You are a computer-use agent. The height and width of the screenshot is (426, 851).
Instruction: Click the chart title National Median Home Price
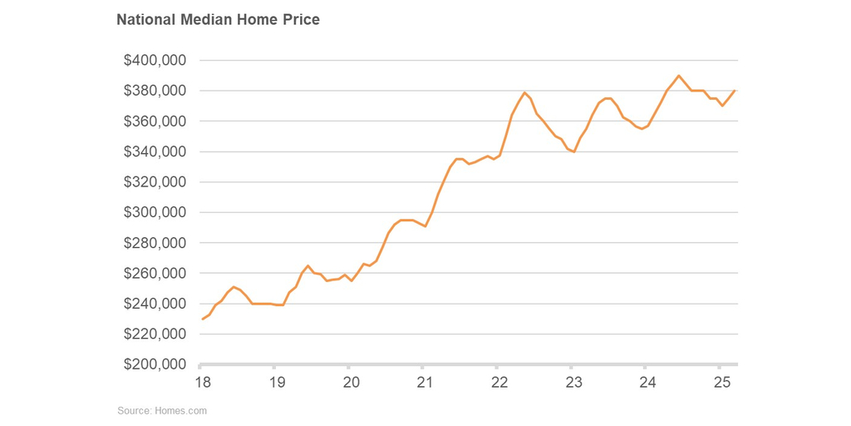[x=218, y=19]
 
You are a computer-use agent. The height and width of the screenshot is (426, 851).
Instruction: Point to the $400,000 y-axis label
[x=155, y=61]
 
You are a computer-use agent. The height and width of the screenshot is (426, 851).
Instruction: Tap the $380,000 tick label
[x=155, y=91]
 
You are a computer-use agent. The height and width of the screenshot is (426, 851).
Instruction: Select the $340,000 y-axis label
[x=155, y=151]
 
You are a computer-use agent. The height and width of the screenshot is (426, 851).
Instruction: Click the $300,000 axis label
[x=155, y=212]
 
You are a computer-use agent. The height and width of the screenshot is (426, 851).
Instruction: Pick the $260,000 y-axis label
[x=155, y=273]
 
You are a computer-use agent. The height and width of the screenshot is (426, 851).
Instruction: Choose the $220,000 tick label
[x=155, y=334]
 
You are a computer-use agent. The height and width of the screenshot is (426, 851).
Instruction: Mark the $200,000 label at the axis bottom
[x=155, y=364]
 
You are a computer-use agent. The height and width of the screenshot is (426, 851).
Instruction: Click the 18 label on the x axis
[x=202, y=382]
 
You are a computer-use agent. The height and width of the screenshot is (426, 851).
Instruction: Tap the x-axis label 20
[x=351, y=382]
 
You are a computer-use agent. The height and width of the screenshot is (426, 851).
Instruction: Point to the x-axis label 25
[x=722, y=382]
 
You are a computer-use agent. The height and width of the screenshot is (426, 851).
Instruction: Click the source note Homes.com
[x=161, y=410]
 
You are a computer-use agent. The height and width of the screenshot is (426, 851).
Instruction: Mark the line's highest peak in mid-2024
[x=679, y=76]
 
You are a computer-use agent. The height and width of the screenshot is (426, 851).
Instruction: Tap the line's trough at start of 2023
[x=574, y=151]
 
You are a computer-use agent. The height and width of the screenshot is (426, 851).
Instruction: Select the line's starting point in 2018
[x=202, y=319]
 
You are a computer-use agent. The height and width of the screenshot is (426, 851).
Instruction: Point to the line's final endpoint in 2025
[x=735, y=91]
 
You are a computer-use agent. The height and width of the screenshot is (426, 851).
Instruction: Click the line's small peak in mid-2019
[x=307, y=265]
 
